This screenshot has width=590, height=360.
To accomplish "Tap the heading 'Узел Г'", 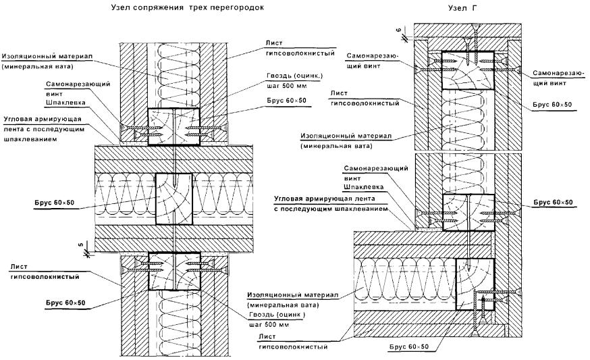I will coord(459,8).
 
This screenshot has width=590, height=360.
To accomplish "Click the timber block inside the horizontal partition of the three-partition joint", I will coord(173,199).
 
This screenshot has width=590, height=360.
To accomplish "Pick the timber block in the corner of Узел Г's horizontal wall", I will coord(475,283).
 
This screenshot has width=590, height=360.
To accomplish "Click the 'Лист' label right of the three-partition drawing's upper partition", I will coord(268,42).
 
